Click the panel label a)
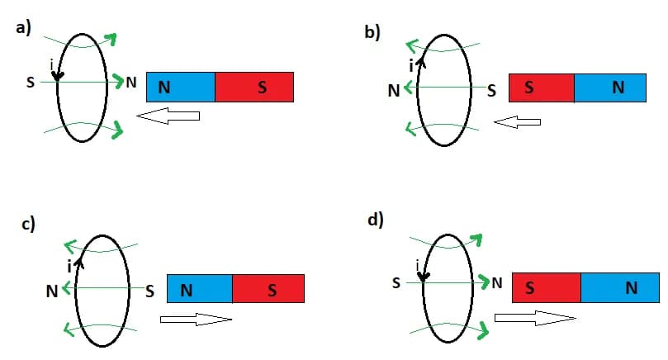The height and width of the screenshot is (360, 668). pyautogui.click(x=23, y=27)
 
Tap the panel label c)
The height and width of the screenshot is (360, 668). pyautogui.click(x=27, y=225)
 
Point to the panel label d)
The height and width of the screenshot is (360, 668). pyautogui.click(x=375, y=221)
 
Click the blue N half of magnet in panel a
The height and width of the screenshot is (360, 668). pyautogui.click(x=180, y=87)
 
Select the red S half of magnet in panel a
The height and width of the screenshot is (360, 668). pyautogui.click(x=254, y=87)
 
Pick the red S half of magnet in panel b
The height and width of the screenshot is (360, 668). pyautogui.click(x=541, y=88)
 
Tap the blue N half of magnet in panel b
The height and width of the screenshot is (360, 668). pyautogui.click(x=612, y=88)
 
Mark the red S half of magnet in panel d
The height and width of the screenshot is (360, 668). pyautogui.click(x=546, y=288)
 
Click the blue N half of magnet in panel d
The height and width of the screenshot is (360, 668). pyautogui.click(x=620, y=288)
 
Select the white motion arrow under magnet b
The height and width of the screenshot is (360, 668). pyautogui.click(x=517, y=122)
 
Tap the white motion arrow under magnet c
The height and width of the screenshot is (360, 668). pyautogui.click(x=196, y=319)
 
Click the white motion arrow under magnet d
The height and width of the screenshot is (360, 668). pyautogui.click(x=531, y=318)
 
